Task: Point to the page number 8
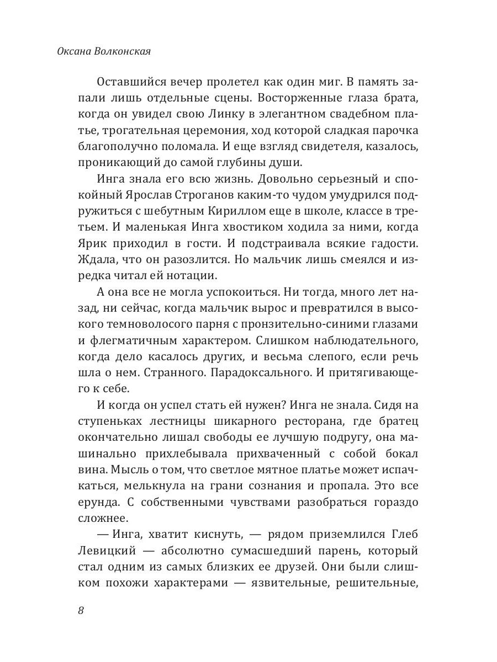coord(81,611)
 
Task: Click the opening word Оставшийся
coord(131,81)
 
